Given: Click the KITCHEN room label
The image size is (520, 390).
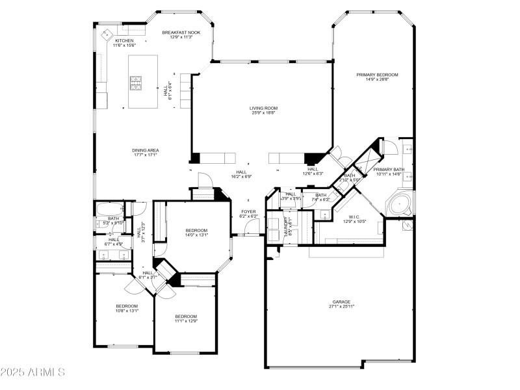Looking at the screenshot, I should (124, 40).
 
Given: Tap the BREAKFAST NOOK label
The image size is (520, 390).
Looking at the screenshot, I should (181, 32).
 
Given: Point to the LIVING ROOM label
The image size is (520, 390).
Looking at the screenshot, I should (263, 108).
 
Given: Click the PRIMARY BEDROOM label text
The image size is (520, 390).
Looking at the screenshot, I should (377, 75).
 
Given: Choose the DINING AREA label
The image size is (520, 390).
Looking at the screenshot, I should (146, 150).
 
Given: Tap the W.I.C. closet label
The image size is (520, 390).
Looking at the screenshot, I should (354, 217).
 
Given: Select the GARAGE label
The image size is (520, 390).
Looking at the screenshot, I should (341, 302).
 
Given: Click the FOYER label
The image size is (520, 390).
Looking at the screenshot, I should (248, 211).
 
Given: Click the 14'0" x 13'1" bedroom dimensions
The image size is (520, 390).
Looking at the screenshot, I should (196, 235).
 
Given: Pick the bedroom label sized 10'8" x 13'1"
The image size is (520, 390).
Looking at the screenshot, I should (127, 306).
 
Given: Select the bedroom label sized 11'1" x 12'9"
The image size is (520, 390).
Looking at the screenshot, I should (185, 317).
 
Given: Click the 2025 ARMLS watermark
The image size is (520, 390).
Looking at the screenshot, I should (32, 372).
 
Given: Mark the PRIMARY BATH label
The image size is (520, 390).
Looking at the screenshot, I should (389, 170).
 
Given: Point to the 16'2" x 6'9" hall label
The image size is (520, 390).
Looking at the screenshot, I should (241, 172).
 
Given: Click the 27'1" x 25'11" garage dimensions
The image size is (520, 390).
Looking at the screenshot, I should (341, 306).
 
